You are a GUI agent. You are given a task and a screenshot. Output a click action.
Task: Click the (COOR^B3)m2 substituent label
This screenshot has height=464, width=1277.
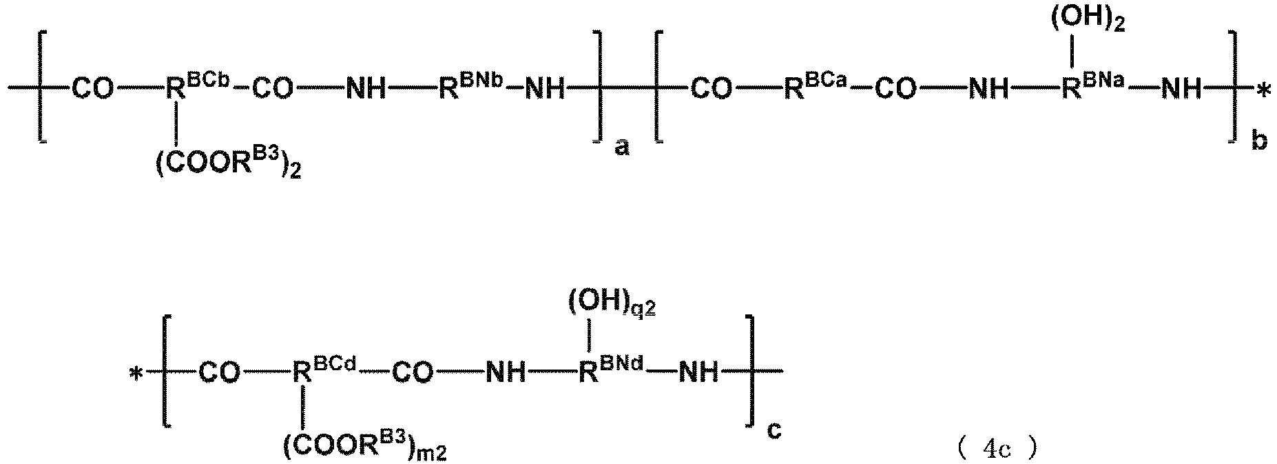click(x=366, y=447)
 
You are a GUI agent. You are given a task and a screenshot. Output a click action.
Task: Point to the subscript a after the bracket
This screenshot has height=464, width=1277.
click(x=621, y=148)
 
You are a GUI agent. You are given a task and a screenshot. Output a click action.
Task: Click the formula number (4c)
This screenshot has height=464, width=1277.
click(x=997, y=450)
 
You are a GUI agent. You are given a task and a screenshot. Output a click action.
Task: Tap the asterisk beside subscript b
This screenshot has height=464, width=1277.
click(x=1262, y=91)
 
